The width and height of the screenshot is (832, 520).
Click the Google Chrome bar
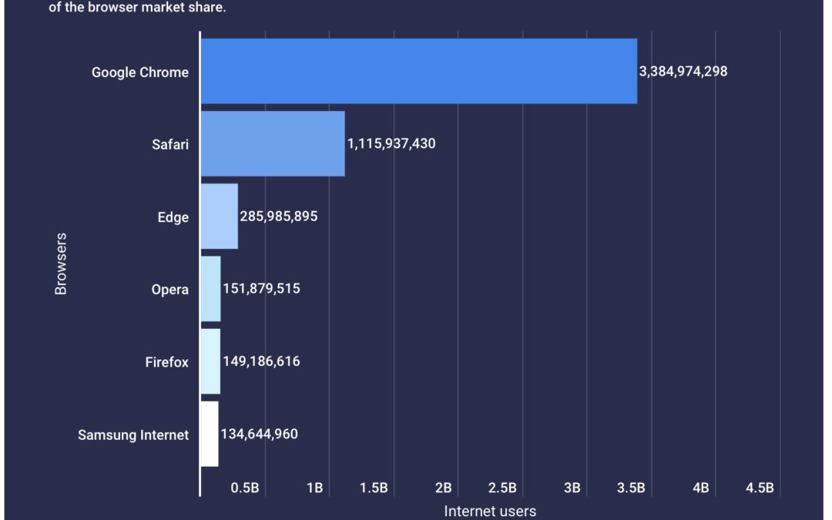pos(418,71)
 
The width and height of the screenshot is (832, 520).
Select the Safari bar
pos(272,143)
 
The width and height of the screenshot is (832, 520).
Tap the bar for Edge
pos(219,216)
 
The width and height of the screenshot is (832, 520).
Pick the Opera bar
pos(210,288)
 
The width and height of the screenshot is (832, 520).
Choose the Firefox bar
pos(210,361)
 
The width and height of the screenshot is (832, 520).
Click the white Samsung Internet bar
pos(210,433)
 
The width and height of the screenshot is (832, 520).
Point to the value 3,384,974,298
pos(683,72)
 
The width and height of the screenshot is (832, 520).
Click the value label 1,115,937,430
pos(391,144)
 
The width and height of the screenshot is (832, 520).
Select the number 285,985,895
pos(278,216)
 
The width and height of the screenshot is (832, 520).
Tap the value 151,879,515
pos(261,289)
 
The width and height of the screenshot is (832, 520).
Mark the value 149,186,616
pos(261,361)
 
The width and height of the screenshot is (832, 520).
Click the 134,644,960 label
pos(259,434)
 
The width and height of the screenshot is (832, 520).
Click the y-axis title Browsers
pos(61,263)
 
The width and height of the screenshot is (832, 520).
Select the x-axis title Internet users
pos(490,511)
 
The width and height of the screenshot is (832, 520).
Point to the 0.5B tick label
pos(244,488)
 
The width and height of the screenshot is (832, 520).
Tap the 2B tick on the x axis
pos(443,488)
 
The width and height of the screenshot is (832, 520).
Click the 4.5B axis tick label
pos(759,488)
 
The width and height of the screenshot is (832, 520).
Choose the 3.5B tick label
pos(630,488)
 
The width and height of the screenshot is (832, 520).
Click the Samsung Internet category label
pos(133,434)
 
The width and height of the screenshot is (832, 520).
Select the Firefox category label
pos(166,362)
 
